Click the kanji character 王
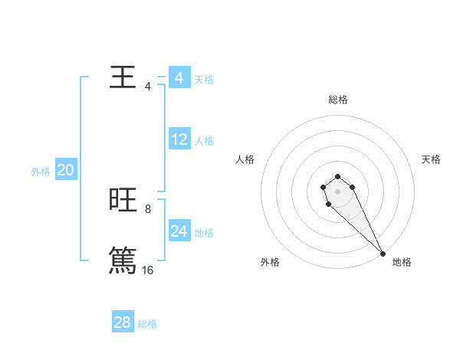[123, 77]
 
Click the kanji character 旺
[123, 200]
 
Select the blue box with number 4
[179, 78]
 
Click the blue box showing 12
[179, 139]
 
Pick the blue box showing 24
[179, 231]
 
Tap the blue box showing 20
[65, 170]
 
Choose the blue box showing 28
[123, 322]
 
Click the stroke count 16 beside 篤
[147, 270]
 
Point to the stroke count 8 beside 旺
[148, 208]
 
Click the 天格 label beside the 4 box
[204, 80]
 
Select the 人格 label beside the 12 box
[204, 141]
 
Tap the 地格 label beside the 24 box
[204, 233]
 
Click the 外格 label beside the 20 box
[41, 172]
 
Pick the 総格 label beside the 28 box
[147, 324]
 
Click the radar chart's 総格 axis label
[338, 100]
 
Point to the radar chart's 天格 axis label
[432, 159]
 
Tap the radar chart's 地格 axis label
[402, 262]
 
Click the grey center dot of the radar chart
[338, 191]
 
